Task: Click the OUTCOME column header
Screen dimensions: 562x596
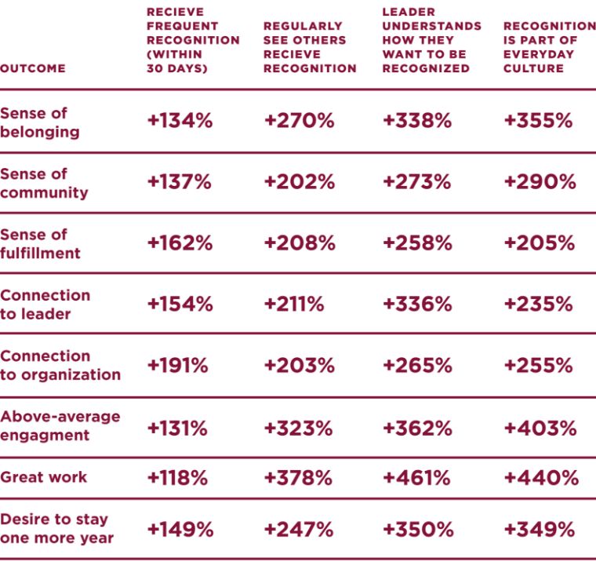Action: point(33,68)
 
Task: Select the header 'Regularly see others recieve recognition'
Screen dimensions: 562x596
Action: point(310,47)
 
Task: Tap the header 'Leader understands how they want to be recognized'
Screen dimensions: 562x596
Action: point(431,40)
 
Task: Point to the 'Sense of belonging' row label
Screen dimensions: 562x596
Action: point(40,122)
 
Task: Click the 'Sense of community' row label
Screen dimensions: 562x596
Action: point(44,183)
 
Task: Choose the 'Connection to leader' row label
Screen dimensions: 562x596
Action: point(45,305)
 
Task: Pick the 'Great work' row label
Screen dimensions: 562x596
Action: point(44,477)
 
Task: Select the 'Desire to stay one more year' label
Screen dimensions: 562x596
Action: point(56,528)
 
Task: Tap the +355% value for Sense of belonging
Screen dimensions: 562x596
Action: point(538,121)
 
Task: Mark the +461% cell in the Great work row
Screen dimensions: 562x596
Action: point(416,477)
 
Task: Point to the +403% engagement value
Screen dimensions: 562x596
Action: point(540,428)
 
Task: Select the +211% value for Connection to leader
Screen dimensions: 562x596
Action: point(294,305)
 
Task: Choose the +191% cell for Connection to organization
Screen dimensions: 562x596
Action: point(177,366)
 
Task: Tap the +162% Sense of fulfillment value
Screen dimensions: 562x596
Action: point(180,243)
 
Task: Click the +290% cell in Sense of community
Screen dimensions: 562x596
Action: point(540,182)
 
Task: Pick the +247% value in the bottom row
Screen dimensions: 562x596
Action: point(299,529)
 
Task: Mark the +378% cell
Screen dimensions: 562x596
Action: point(299,477)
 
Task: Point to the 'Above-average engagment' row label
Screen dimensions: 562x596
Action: point(60,425)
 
